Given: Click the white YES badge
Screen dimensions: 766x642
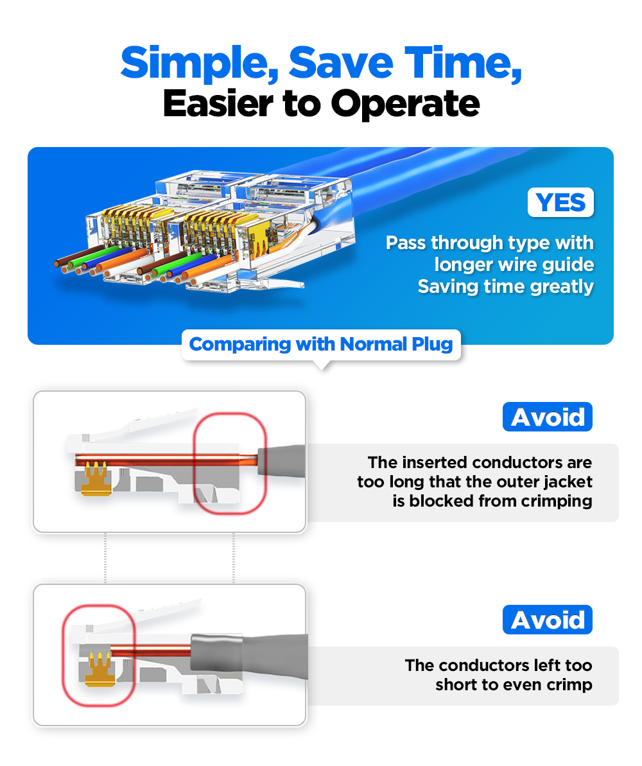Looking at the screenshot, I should [x=560, y=202].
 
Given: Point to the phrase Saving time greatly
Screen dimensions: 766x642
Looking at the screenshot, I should [x=505, y=286].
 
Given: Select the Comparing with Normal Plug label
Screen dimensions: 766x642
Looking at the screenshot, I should [x=321, y=344].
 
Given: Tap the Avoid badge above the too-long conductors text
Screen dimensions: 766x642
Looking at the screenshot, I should [x=547, y=417].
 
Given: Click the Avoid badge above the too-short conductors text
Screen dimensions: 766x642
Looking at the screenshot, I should [x=547, y=620].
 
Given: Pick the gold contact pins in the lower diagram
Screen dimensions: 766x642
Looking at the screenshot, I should [x=96, y=668].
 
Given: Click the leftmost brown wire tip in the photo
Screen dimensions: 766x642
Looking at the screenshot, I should [x=59, y=263].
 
